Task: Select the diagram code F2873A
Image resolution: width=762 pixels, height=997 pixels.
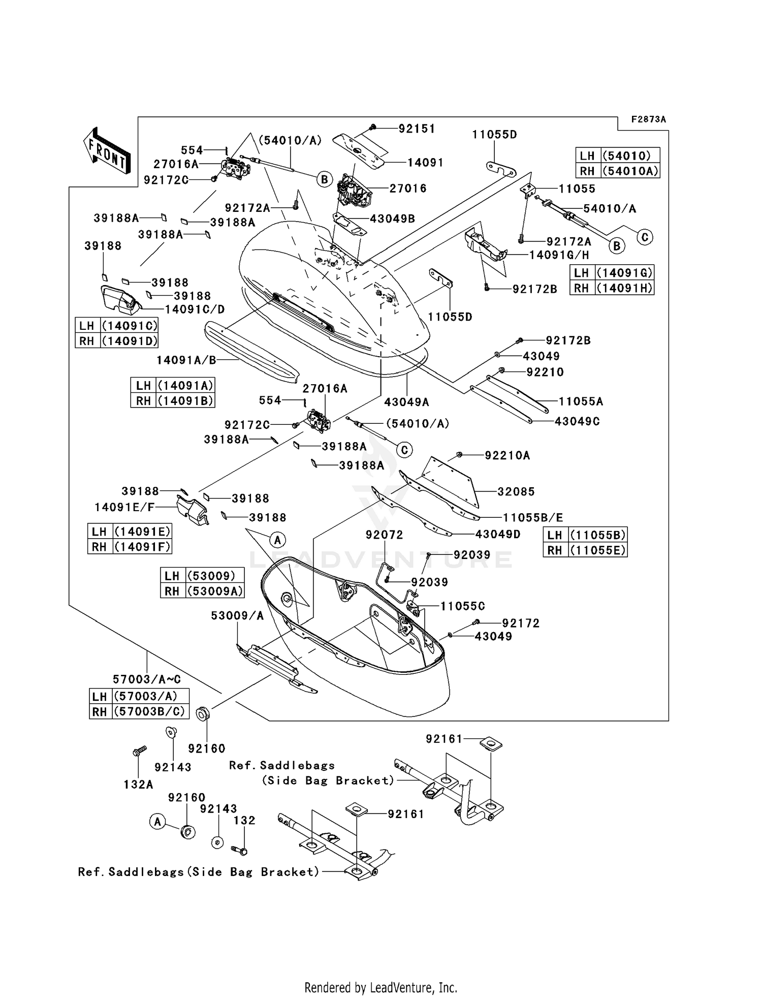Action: (648, 119)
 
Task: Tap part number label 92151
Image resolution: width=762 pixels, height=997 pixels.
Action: (417, 129)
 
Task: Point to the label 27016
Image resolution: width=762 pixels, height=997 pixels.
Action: (408, 189)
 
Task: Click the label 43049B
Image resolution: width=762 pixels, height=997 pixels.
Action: (392, 219)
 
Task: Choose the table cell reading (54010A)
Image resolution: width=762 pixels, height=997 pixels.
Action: (630, 171)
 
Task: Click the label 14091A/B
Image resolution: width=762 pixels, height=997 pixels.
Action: (186, 360)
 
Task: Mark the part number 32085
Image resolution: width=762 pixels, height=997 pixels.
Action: (516, 491)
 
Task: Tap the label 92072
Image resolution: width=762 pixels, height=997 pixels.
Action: (385, 535)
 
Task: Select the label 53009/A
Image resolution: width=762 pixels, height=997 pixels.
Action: (237, 616)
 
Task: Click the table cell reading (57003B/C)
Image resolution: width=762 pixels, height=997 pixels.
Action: (149, 711)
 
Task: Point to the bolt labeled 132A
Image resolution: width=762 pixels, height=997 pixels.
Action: (139, 751)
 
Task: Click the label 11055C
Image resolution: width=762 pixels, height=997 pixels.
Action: (462, 606)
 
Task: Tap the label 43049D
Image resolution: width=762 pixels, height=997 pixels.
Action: (498, 534)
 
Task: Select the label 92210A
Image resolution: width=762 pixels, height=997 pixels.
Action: (507, 456)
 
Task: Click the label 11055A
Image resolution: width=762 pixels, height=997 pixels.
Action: (581, 402)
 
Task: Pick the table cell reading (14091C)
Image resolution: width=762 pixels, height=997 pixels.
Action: (130, 326)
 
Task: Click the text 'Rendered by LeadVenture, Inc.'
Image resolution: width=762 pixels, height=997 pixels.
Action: (380, 988)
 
